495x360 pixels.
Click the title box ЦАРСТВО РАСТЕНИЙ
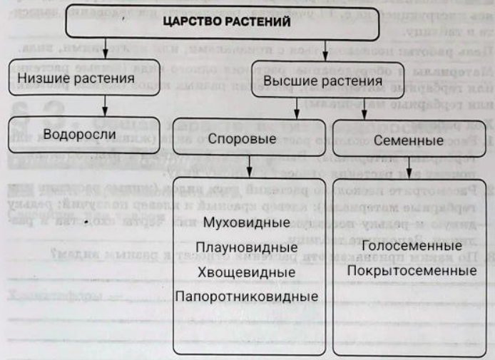(x=226, y=23)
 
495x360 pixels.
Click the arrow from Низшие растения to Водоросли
(x=106, y=103)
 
